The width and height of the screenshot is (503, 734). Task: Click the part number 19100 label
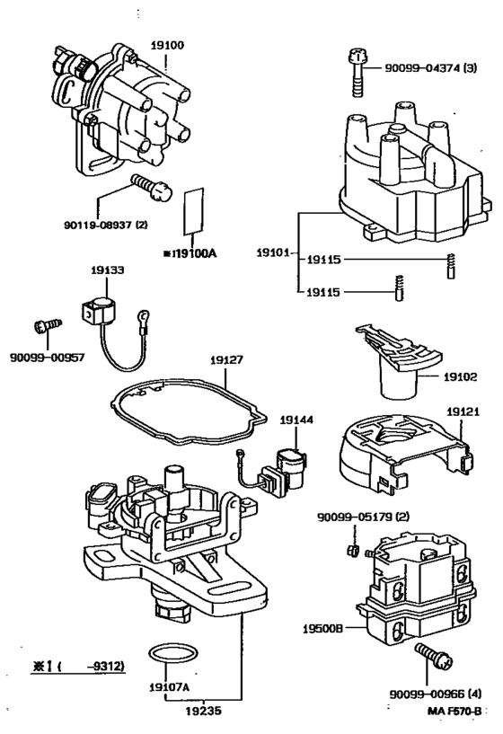tap(167, 46)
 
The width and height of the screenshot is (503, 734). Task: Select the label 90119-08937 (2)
tap(106, 225)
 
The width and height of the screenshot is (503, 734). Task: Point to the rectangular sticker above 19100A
tap(193, 210)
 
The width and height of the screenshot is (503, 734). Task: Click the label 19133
tap(108, 270)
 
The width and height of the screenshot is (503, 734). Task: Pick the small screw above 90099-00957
tap(48, 325)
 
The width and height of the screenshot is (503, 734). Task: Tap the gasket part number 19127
tap(226, 360)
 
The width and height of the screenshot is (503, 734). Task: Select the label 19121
tap(463, 411)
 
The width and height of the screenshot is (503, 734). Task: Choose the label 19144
tap(296, 420)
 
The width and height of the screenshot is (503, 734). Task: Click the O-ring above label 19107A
tap(172, 652)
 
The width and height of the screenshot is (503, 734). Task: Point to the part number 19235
tap(203, 711)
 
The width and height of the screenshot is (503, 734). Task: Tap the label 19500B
tap(322, 629)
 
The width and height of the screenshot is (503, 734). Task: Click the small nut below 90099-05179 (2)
tap(353, 550)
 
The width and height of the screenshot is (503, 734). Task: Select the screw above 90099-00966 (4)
tap(433, 655)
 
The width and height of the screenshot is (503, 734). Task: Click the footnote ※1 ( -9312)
tap(78, 666)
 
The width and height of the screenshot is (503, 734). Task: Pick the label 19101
tap(273, 252)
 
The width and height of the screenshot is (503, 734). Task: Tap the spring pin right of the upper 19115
tap(451, 266)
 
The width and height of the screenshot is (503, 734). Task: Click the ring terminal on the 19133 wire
tap(144, 314)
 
